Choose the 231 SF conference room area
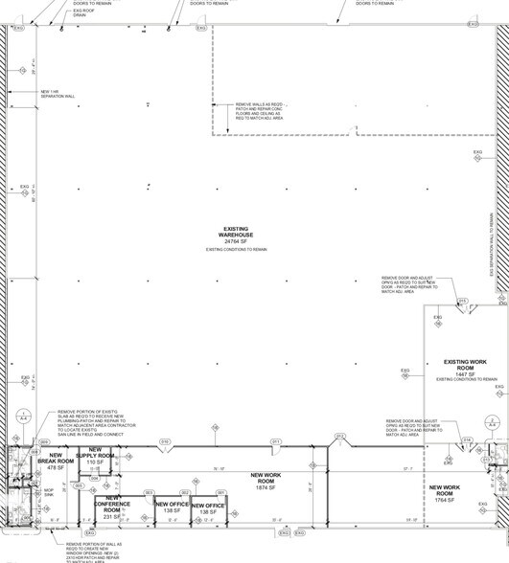tap(112, 516)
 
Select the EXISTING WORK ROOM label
tap(466, 365)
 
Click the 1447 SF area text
tap(466, 373)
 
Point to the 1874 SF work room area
tap(264, 488)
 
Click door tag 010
tap(165, 441)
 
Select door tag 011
tap(275, 441)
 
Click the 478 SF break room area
tap(54, 467)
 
